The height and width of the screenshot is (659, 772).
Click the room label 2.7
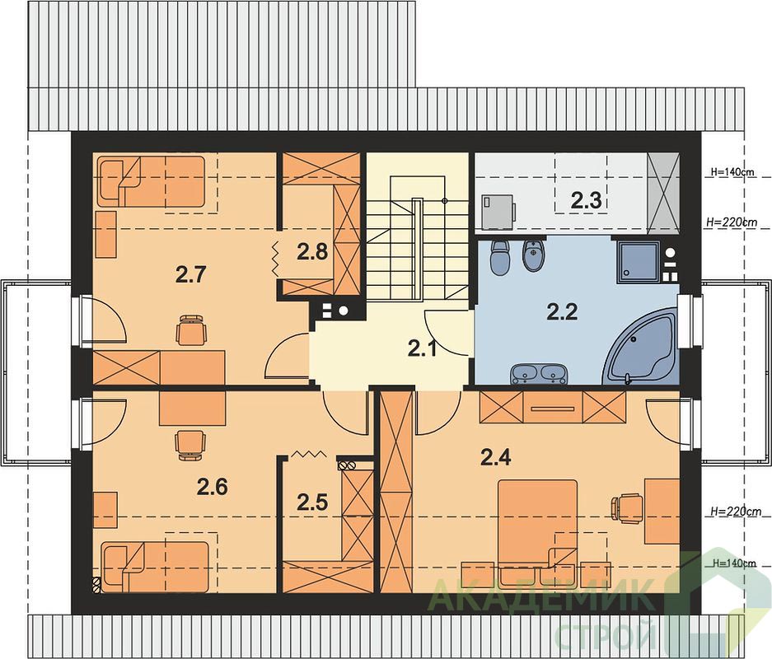[x=190, y=274]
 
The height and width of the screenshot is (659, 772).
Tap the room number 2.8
[x=312, y=252]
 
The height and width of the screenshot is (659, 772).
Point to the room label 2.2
[x=562, y=311]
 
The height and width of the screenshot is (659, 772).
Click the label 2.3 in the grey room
[x=587, y=201]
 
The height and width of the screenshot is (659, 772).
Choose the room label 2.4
[x=496, y=458]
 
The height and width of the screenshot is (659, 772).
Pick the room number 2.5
[x=312, y=502]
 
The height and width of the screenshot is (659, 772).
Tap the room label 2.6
[x=213, y=487]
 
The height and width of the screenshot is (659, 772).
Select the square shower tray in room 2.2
[x=638, y=262]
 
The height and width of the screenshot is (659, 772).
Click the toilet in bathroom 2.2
[x=501, y=256]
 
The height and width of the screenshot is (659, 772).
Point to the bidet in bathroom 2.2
[x=534, y=256]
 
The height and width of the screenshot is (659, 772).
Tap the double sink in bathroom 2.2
[x=539, y=374]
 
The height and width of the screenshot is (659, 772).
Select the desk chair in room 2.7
[x=190, y=329]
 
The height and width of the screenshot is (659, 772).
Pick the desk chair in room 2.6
[x=190, y=445]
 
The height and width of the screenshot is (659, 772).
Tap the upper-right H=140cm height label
[x=732, y=173]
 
